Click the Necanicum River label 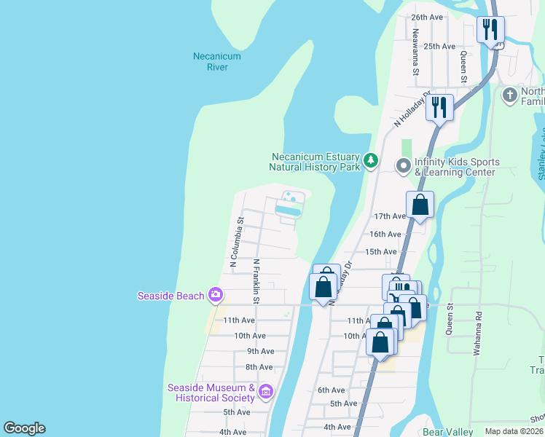216,61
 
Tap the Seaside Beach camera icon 215,295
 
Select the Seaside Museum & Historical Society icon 265,392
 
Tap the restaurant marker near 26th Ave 490,30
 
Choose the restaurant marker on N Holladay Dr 439,108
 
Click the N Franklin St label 256,281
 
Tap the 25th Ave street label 439,46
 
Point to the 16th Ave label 385,234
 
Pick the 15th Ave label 380,251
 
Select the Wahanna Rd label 478,328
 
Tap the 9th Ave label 260,351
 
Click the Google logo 24,428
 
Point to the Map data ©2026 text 514,431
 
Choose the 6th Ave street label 331,390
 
